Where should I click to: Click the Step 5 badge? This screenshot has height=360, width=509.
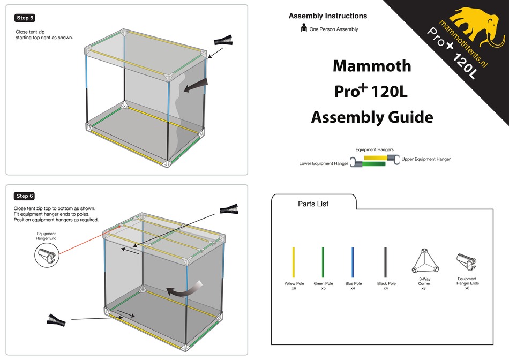pyautogui.click(x=25, y=18)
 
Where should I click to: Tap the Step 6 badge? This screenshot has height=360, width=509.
pyautogui.click(x=25, y=196)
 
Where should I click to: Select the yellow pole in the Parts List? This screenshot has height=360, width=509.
pyautogui.click(x=294, y=262)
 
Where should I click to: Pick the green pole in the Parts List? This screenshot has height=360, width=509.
pyautogui.click(x=323, y=262)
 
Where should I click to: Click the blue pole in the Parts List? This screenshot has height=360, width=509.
pyautogui.click(x=353, y=262)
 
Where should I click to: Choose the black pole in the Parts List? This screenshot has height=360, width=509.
pyautogui.click(x=385, y=262)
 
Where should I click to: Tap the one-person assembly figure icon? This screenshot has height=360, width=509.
pyautogui.click(x=304, y=28)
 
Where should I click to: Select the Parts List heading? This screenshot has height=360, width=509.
pyautogui.click(x=313, y=204)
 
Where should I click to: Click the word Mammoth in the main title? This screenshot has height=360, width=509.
pyautogui.click(x=372, y=66)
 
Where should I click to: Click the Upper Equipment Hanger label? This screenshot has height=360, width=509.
pyautogui.click(x=426, y=159)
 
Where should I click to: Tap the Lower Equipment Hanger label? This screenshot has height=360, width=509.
pyautogui.click(x=323, y=163)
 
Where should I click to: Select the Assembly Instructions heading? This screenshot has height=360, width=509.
pyautogui.click(x=328, y=16)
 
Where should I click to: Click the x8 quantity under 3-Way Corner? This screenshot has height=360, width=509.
pyautogui.click(x=423, y=288)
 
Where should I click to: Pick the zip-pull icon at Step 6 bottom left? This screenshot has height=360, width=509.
pyautogui.click(x=57, y=320)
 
